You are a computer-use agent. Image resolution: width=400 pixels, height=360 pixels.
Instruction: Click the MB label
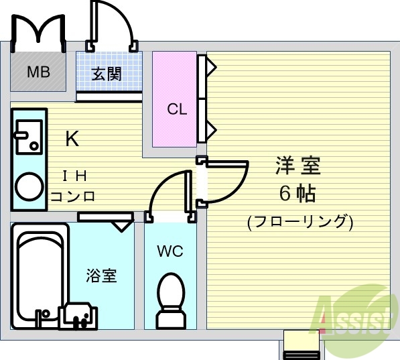(38, 72)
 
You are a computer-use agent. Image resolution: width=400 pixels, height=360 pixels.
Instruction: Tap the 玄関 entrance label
(107, 74)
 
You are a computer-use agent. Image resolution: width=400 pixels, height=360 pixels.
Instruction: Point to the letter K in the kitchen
(72, 139)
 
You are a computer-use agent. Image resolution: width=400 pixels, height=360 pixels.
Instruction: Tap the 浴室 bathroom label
(102, 275)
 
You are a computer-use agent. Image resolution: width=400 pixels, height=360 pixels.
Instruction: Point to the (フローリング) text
(299, 221)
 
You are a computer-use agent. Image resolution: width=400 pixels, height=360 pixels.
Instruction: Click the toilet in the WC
(170, 298)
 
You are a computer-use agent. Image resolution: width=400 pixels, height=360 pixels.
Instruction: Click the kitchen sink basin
(28, 137)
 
